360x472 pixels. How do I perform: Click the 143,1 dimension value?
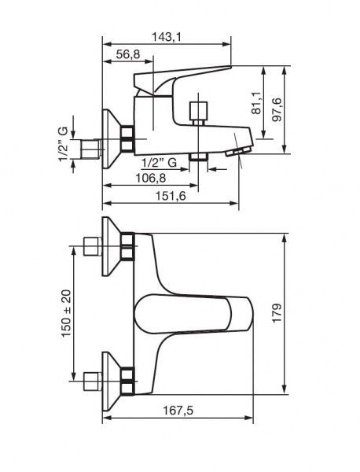[x=167, y=37]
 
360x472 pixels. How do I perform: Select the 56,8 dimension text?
[x=128, y=54]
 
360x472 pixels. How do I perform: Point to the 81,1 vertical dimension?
[x=256, y=103]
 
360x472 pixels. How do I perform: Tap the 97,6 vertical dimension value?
[x=277, y=109]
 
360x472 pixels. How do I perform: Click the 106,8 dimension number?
[x=150, y=179]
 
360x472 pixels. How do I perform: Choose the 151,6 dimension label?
[x=171, y=196]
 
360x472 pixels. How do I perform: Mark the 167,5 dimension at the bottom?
[x=178, y=411]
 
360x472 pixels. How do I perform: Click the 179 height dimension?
[x=277, y=313]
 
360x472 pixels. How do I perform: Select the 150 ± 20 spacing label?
[x=66, y=313]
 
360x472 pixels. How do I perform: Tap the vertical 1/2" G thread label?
[x=63, y=144]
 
